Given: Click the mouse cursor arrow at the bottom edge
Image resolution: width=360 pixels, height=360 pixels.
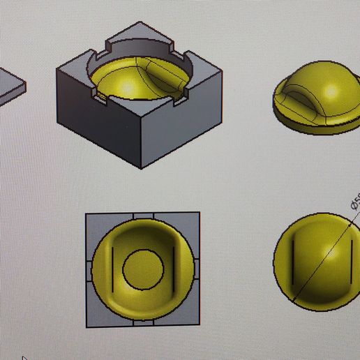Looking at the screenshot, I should tap(24, 358).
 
